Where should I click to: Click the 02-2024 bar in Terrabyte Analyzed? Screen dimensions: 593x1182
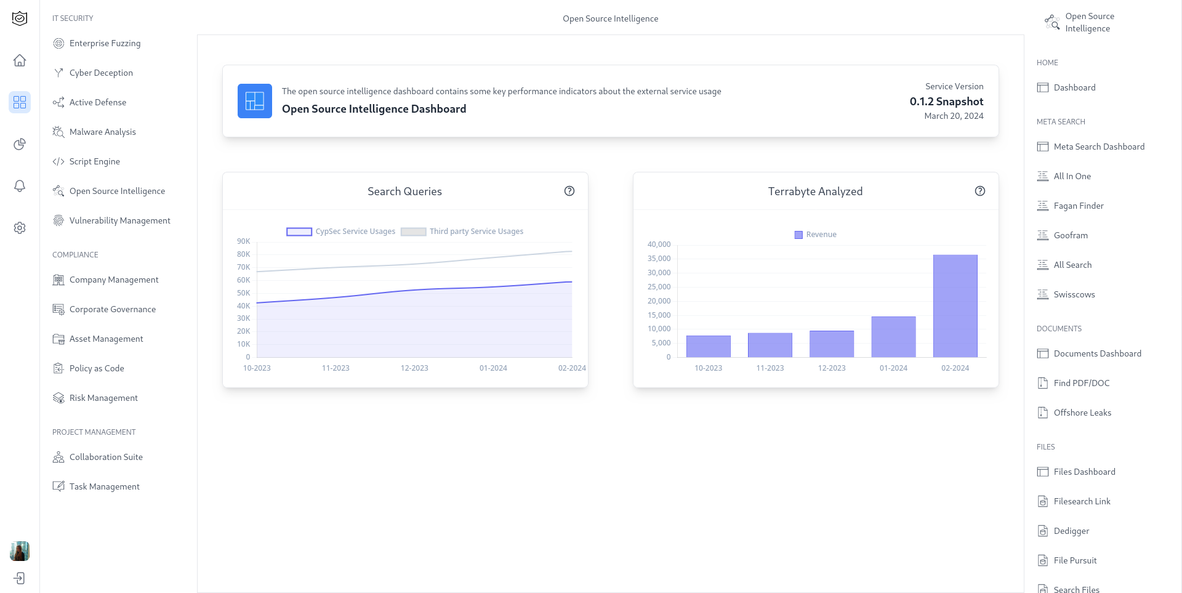pyautogui.click(x=955, y=306)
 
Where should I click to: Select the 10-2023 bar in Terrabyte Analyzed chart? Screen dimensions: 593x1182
pyautogui.click(x=708, y=346)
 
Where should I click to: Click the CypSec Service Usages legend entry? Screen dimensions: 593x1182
pyautogui.click(x=341, y=232)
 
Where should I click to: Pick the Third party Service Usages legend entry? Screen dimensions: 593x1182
pyautogui.click(x=462, y=232)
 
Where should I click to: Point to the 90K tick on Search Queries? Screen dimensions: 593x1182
pyautogui.click(x=244, y=241)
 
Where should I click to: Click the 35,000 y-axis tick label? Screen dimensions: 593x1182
pyautogui.click(x=659, y=259)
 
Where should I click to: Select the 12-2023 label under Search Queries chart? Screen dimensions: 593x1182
pyautogui.click(x=414, y=368)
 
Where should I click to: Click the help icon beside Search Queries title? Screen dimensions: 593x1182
pyautogui.click(x=569, y=191)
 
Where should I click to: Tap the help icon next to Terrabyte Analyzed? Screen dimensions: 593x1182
pyautogui.click(x=980, y=191)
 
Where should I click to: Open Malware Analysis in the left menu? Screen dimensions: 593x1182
pyautogui.click(x=102, y=132)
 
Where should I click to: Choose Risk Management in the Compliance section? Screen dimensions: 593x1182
pyautogui.click(x=103, y=398)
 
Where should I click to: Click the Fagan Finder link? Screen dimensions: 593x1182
pyautogui.click(x=1078, y=206)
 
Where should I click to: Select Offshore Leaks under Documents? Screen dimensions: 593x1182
pyautogui.click(x=1082, y=413)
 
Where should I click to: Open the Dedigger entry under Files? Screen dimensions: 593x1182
pyautogui.click(x=1071, y=531)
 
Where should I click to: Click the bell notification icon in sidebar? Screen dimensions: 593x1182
pyautogui.click(x=20, y=186)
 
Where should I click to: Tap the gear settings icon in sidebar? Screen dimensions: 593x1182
pyautogui.click(x=20, y=228)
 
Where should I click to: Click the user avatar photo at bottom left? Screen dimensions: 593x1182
pyautogui.click(x=20, y=551)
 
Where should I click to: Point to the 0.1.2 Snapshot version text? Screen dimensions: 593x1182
pyautogui.click(x=946, y=102)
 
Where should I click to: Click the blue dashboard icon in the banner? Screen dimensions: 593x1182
pyautogui.click(x=255, y=101)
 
